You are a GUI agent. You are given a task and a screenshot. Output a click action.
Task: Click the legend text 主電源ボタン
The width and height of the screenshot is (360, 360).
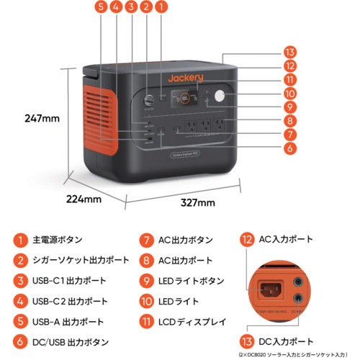tap(59, 240)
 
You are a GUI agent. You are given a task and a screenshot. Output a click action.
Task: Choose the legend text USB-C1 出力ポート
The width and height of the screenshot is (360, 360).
tap(70, 281)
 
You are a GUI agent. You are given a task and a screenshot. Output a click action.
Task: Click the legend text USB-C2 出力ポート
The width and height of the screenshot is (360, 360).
tap(70, 301)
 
